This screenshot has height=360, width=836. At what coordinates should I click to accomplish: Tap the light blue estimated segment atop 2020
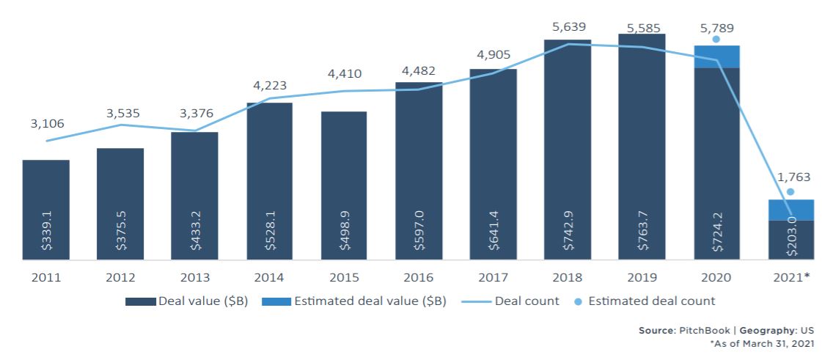click(716, 56)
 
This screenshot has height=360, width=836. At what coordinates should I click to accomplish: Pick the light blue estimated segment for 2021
click(791, 210)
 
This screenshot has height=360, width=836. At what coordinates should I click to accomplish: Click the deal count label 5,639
click(568, 26)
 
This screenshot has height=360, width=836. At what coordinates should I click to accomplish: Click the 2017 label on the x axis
click(493, 279)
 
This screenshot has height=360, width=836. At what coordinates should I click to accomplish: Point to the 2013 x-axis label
click(194, 279)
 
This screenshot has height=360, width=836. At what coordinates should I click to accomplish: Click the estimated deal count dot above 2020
click(716, 39)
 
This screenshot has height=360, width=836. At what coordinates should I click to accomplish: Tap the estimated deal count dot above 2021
click(791, 191)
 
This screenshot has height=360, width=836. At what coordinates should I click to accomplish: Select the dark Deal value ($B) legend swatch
click(140, 301)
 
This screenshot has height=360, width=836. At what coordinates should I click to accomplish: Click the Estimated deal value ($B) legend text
click(374, 301)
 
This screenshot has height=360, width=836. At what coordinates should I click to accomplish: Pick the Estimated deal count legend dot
click(579, 301)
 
